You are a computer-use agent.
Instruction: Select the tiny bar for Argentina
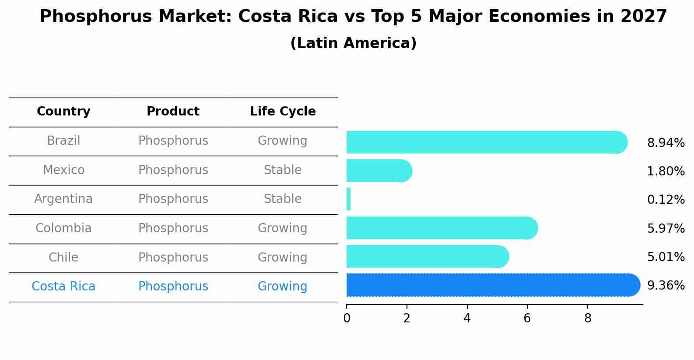tap(349, 199)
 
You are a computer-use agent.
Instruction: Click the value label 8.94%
tap(666, 143)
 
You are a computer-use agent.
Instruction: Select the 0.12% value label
tap(666, 200)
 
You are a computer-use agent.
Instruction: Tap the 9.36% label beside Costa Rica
tap(666, 286)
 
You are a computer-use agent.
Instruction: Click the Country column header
tap(63, 112)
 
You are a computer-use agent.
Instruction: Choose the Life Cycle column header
tap(283, 112)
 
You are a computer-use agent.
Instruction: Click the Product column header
tap(173, 112)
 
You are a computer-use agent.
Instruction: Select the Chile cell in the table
tap(63, 257)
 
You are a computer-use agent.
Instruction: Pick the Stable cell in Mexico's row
tap(283, 170)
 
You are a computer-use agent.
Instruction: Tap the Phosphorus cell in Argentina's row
tap(173, 199)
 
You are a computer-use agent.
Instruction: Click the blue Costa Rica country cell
tap(63, 287)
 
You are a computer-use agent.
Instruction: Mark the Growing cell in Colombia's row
tap(283, 228)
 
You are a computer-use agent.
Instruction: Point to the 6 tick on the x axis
tap(527, 318)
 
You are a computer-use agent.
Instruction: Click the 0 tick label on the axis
tap(347, 318)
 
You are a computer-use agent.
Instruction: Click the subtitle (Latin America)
tap(353, 43)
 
